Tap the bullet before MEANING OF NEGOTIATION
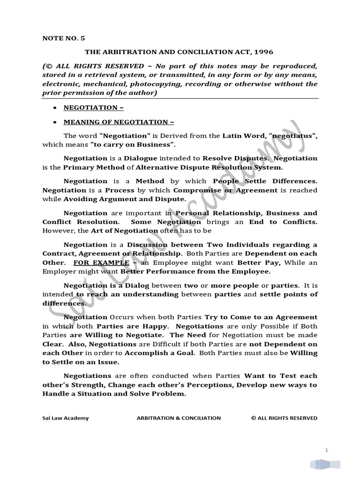click(x=55, y=122)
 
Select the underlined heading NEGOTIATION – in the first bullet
click(x=94, y=108)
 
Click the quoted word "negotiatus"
click(x=293, y=136)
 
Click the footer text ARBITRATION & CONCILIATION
click(x=178, y=418)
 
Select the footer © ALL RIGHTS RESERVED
click(x=284, y=418)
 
